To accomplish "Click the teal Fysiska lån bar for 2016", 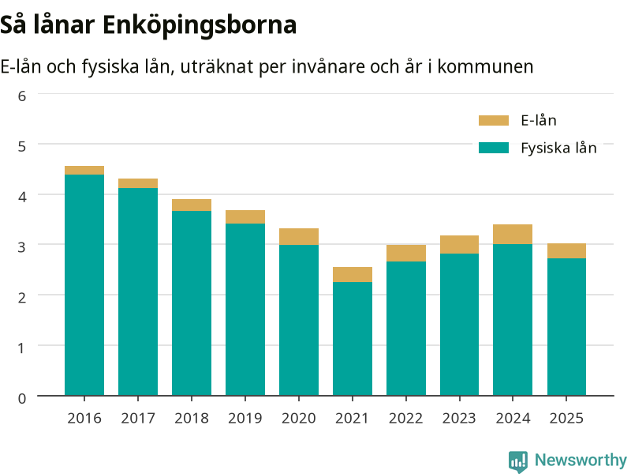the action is [84, 285].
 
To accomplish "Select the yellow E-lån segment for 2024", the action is [513, 234].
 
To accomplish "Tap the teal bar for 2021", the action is [353, 339].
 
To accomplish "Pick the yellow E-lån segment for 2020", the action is [299, 236].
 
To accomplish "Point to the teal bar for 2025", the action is [566, 327].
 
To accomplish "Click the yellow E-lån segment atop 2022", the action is [406, 253].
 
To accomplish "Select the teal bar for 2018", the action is [192, 303].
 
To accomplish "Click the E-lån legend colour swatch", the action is [494, 121].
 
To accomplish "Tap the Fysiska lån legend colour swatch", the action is [494, 148].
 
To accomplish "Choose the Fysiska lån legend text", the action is [558, 149].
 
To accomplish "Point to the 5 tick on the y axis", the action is [22, 146].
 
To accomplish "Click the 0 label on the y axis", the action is [22, 398].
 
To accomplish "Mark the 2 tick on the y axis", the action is [22, 298].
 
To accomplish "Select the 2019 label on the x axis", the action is [245, 419].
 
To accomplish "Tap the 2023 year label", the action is [459, 419].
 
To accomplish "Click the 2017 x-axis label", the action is [138, 419].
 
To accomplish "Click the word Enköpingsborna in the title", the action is [200, 26].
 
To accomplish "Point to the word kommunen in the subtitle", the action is [485, 66].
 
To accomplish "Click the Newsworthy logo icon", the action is [518, 461].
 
